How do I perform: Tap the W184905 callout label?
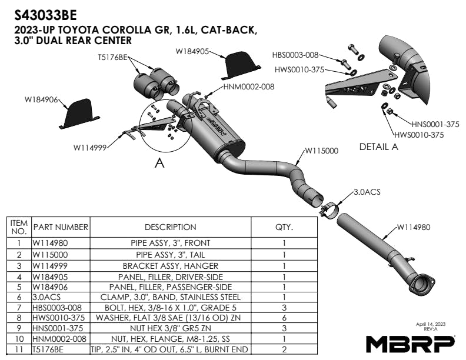(193, 52)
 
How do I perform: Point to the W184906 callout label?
(41, 100)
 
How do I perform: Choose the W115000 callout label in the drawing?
(321, 151)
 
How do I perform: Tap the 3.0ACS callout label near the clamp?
(367, 192)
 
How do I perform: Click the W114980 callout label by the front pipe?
(417, 227)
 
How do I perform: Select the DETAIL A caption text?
(378, 147)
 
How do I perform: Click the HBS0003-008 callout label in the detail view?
(295, 55)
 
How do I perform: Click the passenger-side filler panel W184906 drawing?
(78, 114)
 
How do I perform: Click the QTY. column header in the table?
(284, 226)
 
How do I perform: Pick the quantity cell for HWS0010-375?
(284, 318)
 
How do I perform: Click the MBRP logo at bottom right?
(410, 342)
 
